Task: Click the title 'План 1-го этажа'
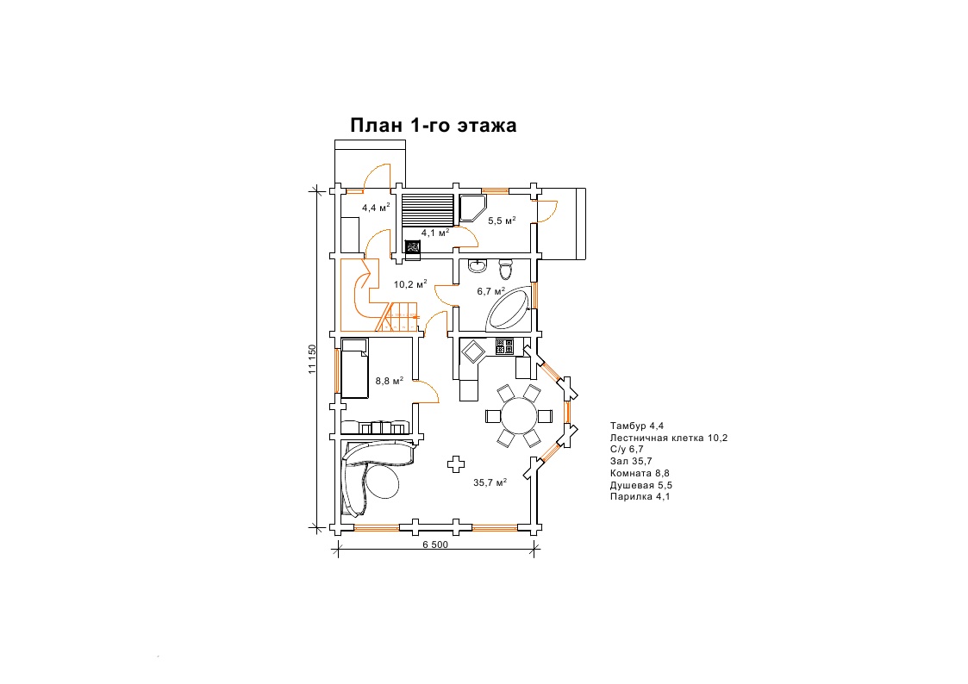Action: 434,125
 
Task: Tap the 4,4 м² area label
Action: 376,208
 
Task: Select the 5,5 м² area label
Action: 502,221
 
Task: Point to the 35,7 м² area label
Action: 490,482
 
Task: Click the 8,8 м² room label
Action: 390,381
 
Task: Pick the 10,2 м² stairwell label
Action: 410,284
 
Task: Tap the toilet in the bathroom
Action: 506,269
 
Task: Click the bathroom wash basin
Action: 477,266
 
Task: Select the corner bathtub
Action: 509,309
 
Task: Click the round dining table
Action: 519,416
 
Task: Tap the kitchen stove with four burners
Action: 504,347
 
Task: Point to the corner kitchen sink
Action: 474,352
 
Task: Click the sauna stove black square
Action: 412,246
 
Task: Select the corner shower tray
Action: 472,208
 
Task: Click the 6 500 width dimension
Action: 435,544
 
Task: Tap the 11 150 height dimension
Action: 312,358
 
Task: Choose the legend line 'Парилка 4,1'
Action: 640,496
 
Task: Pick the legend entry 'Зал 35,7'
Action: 631,461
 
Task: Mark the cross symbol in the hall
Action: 456,463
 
